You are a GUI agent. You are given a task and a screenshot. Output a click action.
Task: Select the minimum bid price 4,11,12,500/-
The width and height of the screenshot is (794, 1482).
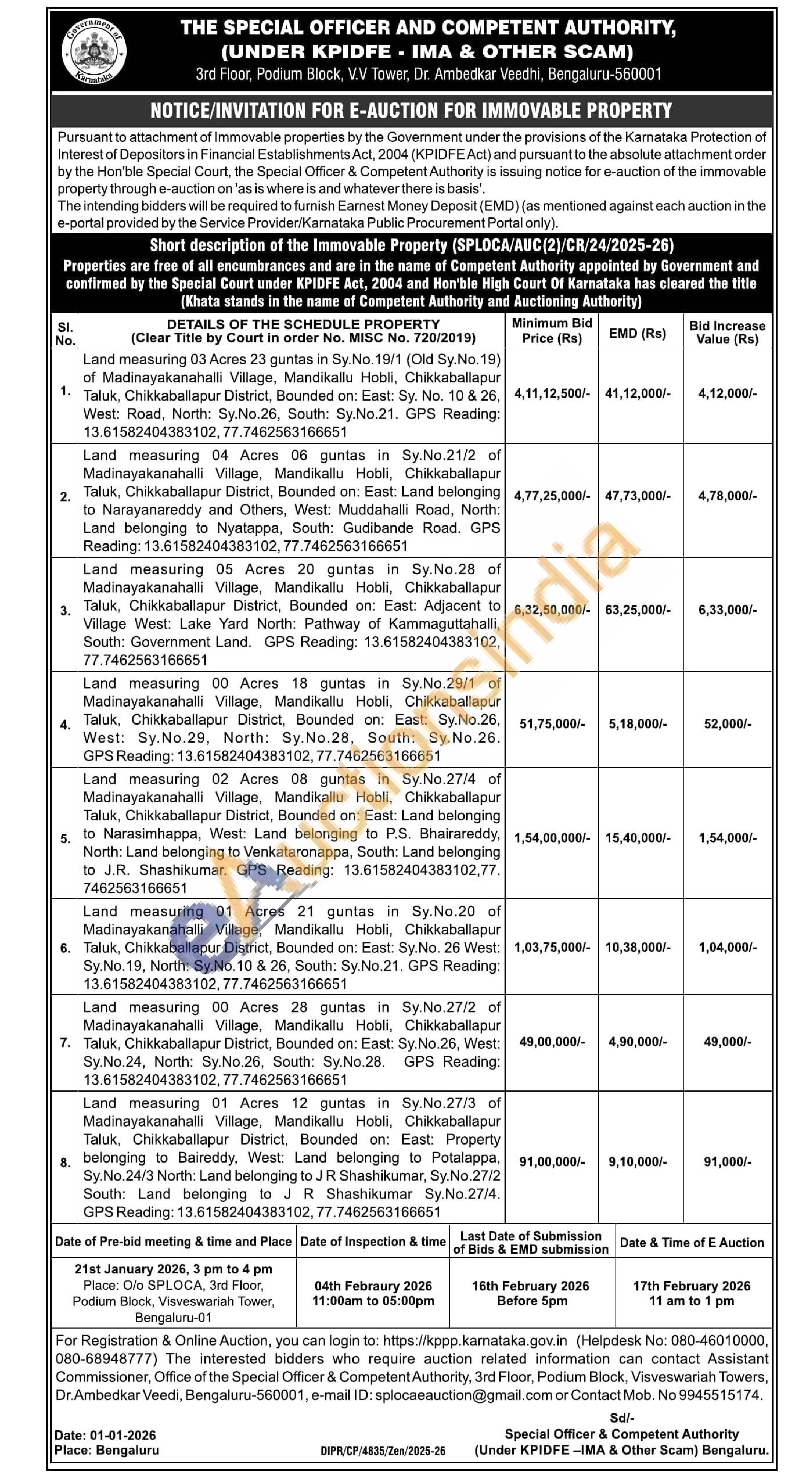552,393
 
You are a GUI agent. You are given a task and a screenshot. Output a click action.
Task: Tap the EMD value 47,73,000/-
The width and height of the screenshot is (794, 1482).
637,496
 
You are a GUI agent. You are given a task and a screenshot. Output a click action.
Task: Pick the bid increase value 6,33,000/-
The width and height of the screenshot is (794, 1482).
727,610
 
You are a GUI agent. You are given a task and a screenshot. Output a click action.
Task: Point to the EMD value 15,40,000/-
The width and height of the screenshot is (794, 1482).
637,838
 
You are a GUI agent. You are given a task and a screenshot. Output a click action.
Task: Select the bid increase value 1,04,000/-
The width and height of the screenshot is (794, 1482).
727,947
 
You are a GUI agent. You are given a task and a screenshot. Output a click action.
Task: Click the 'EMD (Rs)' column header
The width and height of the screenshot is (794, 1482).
637,333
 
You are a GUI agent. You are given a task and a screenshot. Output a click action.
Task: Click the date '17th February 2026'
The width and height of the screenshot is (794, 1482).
692,1286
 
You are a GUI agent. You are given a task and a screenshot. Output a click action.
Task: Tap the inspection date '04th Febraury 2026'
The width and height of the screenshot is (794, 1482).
373,1286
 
